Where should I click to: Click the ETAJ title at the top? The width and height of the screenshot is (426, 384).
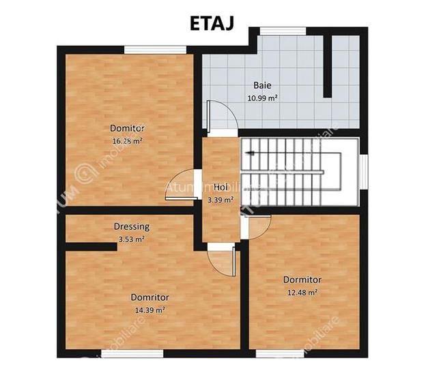coord(212,22)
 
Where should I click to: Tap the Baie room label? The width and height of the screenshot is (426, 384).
coord(262,86)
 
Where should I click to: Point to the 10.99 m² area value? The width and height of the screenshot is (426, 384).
coord(262,98)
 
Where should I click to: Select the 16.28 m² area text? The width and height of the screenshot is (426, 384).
coord(127,141)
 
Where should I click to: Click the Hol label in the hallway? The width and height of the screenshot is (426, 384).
coord(220,186)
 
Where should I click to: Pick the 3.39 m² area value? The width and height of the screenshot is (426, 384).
coord(220,200)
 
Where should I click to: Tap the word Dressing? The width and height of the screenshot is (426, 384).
coord(132,226)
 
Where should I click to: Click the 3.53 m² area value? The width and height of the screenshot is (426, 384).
coord(132,239)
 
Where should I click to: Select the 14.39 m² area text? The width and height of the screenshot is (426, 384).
coord(150,310)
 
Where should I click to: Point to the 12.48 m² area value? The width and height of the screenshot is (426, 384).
coord(302,293)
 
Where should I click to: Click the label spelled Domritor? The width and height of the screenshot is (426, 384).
coord(150,297)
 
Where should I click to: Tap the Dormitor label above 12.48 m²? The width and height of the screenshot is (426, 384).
coord(302,280)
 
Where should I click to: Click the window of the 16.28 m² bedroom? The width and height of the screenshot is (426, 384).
coord(155,48)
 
